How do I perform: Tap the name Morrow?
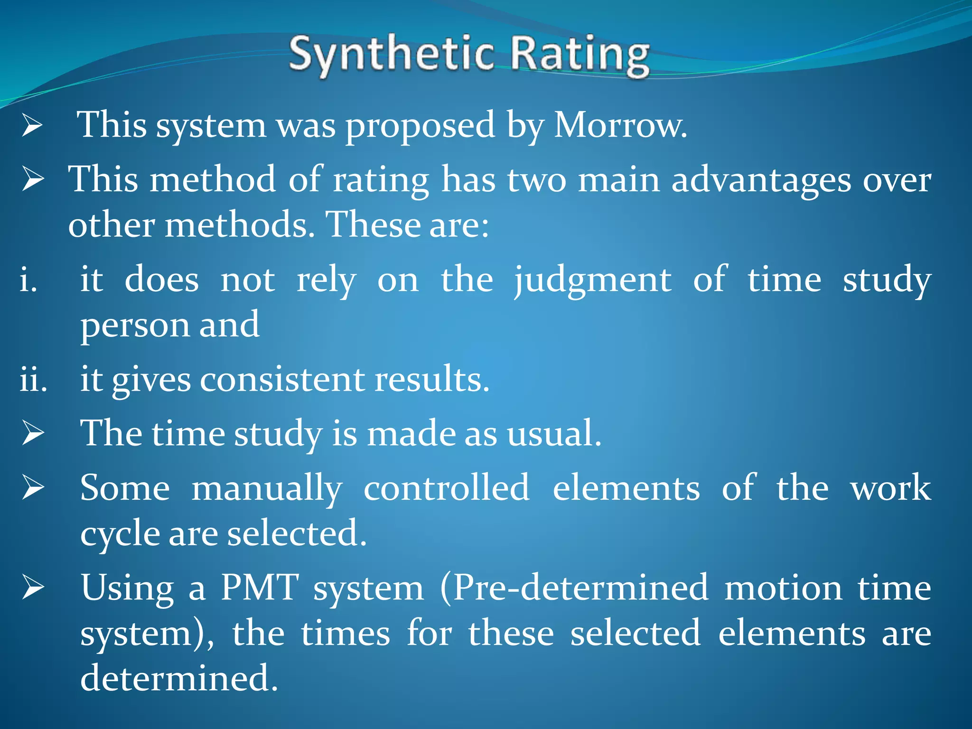(620, 126)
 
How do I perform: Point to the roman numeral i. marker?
(28, 280)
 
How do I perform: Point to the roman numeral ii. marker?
(33, 380)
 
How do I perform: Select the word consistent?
(282, 380)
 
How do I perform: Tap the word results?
(431, 380)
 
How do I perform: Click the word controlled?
(446, 488)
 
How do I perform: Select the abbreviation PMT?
(260, 588)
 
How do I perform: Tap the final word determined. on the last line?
(178, 678)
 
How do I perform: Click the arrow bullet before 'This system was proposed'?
(33, 126)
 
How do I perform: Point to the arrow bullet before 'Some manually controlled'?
(33, 488)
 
